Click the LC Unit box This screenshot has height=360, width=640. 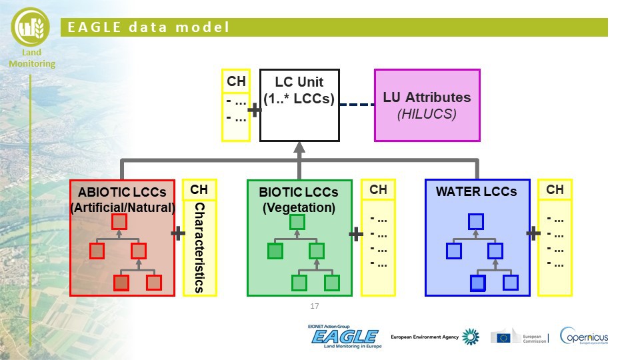299,105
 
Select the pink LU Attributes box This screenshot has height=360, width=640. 427,105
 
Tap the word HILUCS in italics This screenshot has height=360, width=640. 427,114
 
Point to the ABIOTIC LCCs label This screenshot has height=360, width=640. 122,192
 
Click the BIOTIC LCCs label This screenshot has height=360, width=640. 299,192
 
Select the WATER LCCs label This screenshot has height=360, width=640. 476,191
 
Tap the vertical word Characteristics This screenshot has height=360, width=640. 199,249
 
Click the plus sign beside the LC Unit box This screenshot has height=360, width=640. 254,110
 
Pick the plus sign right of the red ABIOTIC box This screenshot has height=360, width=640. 178,233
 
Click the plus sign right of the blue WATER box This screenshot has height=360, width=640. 533,233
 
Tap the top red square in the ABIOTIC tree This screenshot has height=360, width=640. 119,221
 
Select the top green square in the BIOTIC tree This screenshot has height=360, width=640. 297,222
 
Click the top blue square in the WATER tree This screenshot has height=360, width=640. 475,221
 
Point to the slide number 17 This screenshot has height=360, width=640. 315,306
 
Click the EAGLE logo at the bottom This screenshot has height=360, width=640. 344,337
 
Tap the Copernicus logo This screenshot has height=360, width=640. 584,336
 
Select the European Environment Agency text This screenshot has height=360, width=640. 425,337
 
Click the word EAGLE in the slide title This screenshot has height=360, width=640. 92,27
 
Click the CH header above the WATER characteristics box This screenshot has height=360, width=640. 555,190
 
